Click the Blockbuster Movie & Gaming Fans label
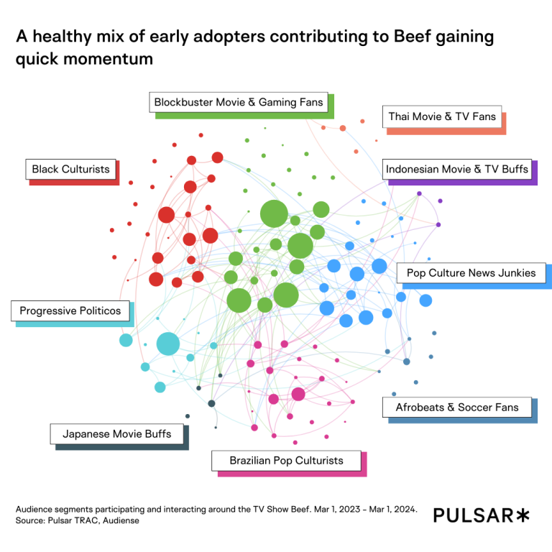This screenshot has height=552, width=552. (239, 103)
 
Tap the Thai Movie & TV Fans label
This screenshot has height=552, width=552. (442, 116)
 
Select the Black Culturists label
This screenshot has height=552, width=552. (70, 170)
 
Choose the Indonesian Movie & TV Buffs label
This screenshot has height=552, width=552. (457, 170)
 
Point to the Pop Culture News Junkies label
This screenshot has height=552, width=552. (471, 273)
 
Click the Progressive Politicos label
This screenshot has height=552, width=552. (70, 311)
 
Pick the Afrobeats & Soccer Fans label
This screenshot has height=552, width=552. (456, 407)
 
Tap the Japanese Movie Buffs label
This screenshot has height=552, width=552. (116, 434)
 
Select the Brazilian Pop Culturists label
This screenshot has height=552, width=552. (286, 460)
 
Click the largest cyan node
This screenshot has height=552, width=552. (167, 344)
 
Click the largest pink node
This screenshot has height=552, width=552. (298, 394)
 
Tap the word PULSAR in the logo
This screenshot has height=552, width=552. (474, 515)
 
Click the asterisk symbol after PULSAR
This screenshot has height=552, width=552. (523, 515)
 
